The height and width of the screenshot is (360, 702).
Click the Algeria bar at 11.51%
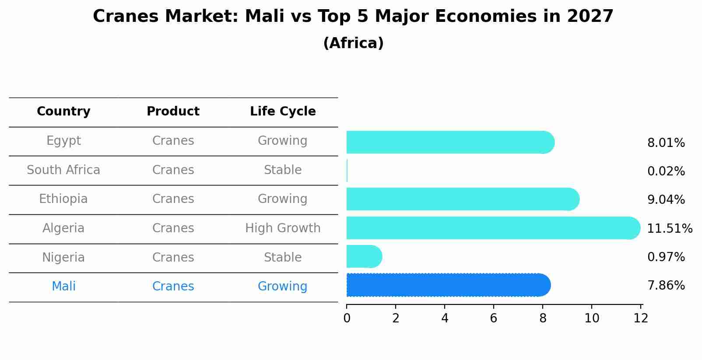coord(492,228)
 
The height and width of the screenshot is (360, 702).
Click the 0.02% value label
coord(666,171)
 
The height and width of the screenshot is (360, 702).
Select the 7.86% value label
coord(666,286)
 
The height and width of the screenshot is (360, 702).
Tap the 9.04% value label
coord(666,200)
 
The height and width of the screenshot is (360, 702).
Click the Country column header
coord(63,112)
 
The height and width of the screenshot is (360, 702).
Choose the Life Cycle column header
coord(283,112)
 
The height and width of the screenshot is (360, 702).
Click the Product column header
coord(173,112)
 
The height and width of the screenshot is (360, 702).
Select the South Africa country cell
coord(63,170)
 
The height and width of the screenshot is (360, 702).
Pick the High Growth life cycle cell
coord(283,228)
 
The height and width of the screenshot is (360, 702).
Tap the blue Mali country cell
coord(63,287)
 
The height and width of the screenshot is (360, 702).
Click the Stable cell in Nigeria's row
coord(283,257)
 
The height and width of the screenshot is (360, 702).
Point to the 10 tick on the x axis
coord(592,318)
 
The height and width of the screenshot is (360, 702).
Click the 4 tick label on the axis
coord(445,318)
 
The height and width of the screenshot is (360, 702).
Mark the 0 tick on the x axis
coord(347,318)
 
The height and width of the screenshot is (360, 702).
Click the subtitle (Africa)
coord(353,43)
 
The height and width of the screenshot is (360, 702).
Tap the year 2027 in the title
coord(590,17)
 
